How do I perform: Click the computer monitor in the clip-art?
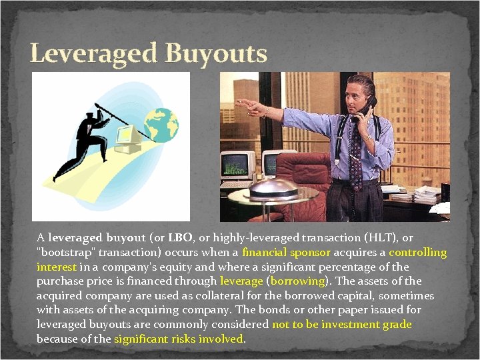tap(129, 136)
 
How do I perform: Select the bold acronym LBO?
tap(181, 238)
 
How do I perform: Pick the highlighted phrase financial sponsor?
tap(286, 253)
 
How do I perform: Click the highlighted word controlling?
tap(417, 253)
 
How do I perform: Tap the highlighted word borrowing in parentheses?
tap(297, 281)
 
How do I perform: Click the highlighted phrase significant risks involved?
tap(179, 339)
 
